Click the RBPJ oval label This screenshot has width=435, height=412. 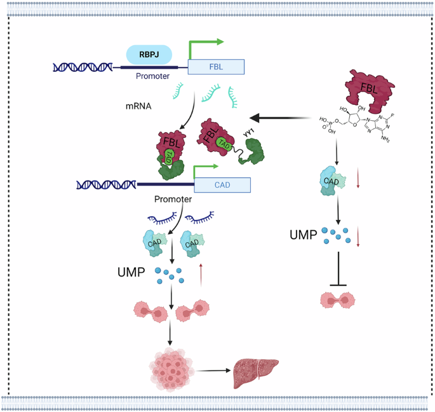(x=149, y=55)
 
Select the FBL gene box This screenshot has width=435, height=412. (x=216, y=67)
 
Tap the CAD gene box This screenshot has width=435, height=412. (x=222, y=184)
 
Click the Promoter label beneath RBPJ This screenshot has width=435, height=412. (x=152, y=76)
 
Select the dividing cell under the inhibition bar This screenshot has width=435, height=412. (x=341, y=299)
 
